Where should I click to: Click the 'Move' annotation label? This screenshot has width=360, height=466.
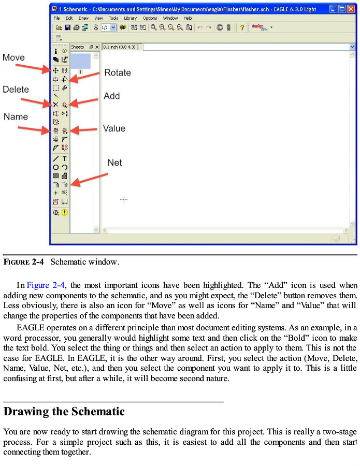pyautogui.click(x=13, y=57)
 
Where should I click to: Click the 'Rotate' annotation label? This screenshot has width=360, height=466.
pyautogui.click(x=118, y=72)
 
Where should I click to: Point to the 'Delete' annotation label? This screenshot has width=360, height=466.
pyautogui.click(x=16, y=90)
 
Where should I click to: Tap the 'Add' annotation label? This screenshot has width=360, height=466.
pyautogui.click(x=111, y=96)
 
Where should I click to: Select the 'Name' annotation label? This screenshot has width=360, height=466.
pyautogui.click(x=16, y=116)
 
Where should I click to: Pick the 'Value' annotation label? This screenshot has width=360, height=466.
pyautogui.click(x=114, y=128)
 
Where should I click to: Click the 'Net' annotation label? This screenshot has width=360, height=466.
pyautogui.click(x=114, y=163)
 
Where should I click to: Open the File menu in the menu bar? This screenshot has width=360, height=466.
pyautogui.click(x=56, y=18)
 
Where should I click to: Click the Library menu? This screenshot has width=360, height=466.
pyautogui.click(x=130, y=18)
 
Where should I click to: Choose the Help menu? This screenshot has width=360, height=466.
pyautogui.click(x=188, y=18)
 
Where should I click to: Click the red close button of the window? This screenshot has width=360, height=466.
pyautogui.click(x=351, y=9)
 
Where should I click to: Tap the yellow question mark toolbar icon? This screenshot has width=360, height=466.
pyautogui.click(x=241, y=27)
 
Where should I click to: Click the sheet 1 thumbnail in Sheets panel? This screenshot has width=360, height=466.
pyautogui.click(x=80, y=61)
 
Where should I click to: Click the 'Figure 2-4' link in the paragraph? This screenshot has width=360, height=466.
pyautogui.click(x=46, y=285)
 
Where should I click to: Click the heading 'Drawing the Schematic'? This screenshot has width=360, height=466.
pyautogui.click(x=64, y=412)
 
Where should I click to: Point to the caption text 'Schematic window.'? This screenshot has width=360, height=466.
pyautogui.click(x=84, y=262)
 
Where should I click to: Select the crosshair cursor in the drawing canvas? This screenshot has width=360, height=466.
pyautogui.click(x=124, y=199)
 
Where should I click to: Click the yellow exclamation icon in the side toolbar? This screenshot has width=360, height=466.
pyautogui.click(x=65, y=212)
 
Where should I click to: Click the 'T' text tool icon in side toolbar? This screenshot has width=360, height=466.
pyautogui.click(x=65, y=159)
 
